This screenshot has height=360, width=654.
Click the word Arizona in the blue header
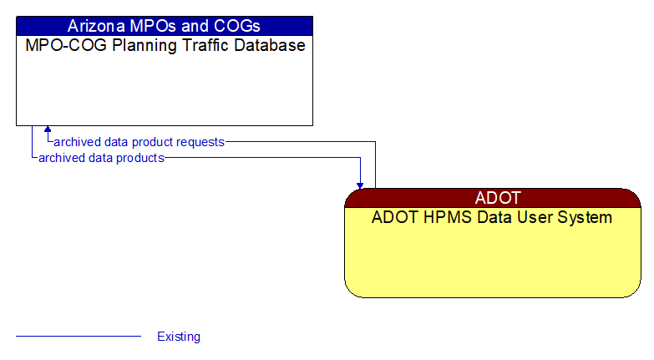[x=96, y=26]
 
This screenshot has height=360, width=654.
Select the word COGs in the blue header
[x=236, y=26]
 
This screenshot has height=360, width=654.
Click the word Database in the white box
[x=266, y=45]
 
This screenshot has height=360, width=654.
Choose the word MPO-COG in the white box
[x=60, y=45]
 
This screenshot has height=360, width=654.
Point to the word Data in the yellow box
[x=490, y=218]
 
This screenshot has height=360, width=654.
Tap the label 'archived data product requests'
[x=139, y=142]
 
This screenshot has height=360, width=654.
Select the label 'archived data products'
[x=101, y=157]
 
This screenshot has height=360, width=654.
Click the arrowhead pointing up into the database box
[x=48, y=129]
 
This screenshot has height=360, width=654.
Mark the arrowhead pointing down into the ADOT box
[x=360, y=185]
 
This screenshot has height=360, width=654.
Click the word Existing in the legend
[x=179, y=337]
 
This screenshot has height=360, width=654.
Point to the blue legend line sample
[x=79, y=336]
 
